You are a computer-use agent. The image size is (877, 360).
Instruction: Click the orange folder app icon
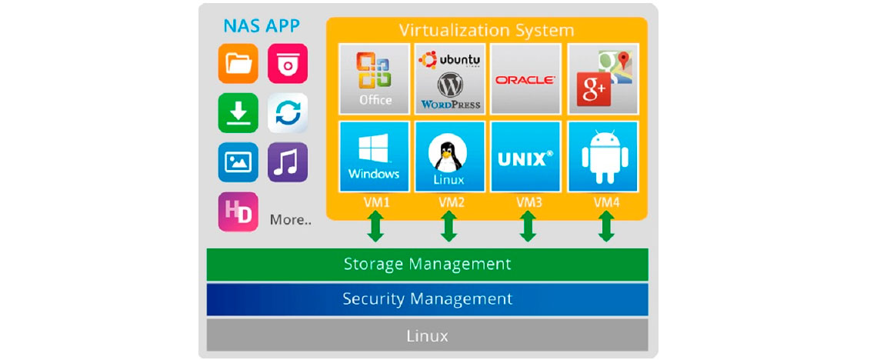[x=238, y=64]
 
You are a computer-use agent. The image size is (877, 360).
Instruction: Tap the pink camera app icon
[x=288, y=64]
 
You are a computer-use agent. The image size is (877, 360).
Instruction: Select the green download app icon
[x=238, y=113]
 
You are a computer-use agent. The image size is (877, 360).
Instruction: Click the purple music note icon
[x=288, y=162]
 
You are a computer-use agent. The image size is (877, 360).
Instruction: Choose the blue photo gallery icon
[x=238, y=162]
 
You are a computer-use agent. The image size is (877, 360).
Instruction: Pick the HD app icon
[x=238, y=212]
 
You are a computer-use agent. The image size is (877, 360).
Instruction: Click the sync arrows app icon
[x=288, y=113]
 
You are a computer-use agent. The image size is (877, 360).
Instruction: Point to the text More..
[x=290, y=220]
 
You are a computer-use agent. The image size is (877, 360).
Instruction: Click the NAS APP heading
[x=262, y=25]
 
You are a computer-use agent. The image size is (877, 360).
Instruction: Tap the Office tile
[x=375, y=78]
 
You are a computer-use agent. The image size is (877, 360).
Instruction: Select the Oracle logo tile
[x=525, y=78]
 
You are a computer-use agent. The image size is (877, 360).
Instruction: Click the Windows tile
[x=375, y=157]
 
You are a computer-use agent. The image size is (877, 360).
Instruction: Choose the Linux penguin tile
[x=450, y=157]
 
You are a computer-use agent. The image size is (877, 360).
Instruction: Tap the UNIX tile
[x=525, y=157]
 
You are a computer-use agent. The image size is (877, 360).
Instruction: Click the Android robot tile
[x=602, y=157]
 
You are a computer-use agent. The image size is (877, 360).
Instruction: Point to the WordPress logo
[x=450, y=91]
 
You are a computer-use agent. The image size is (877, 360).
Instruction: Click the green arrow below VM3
[x=527, y=227]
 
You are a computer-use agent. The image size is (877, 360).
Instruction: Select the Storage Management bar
[x=427, y=265]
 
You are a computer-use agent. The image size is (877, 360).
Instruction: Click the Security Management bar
[x=427, y=299]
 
